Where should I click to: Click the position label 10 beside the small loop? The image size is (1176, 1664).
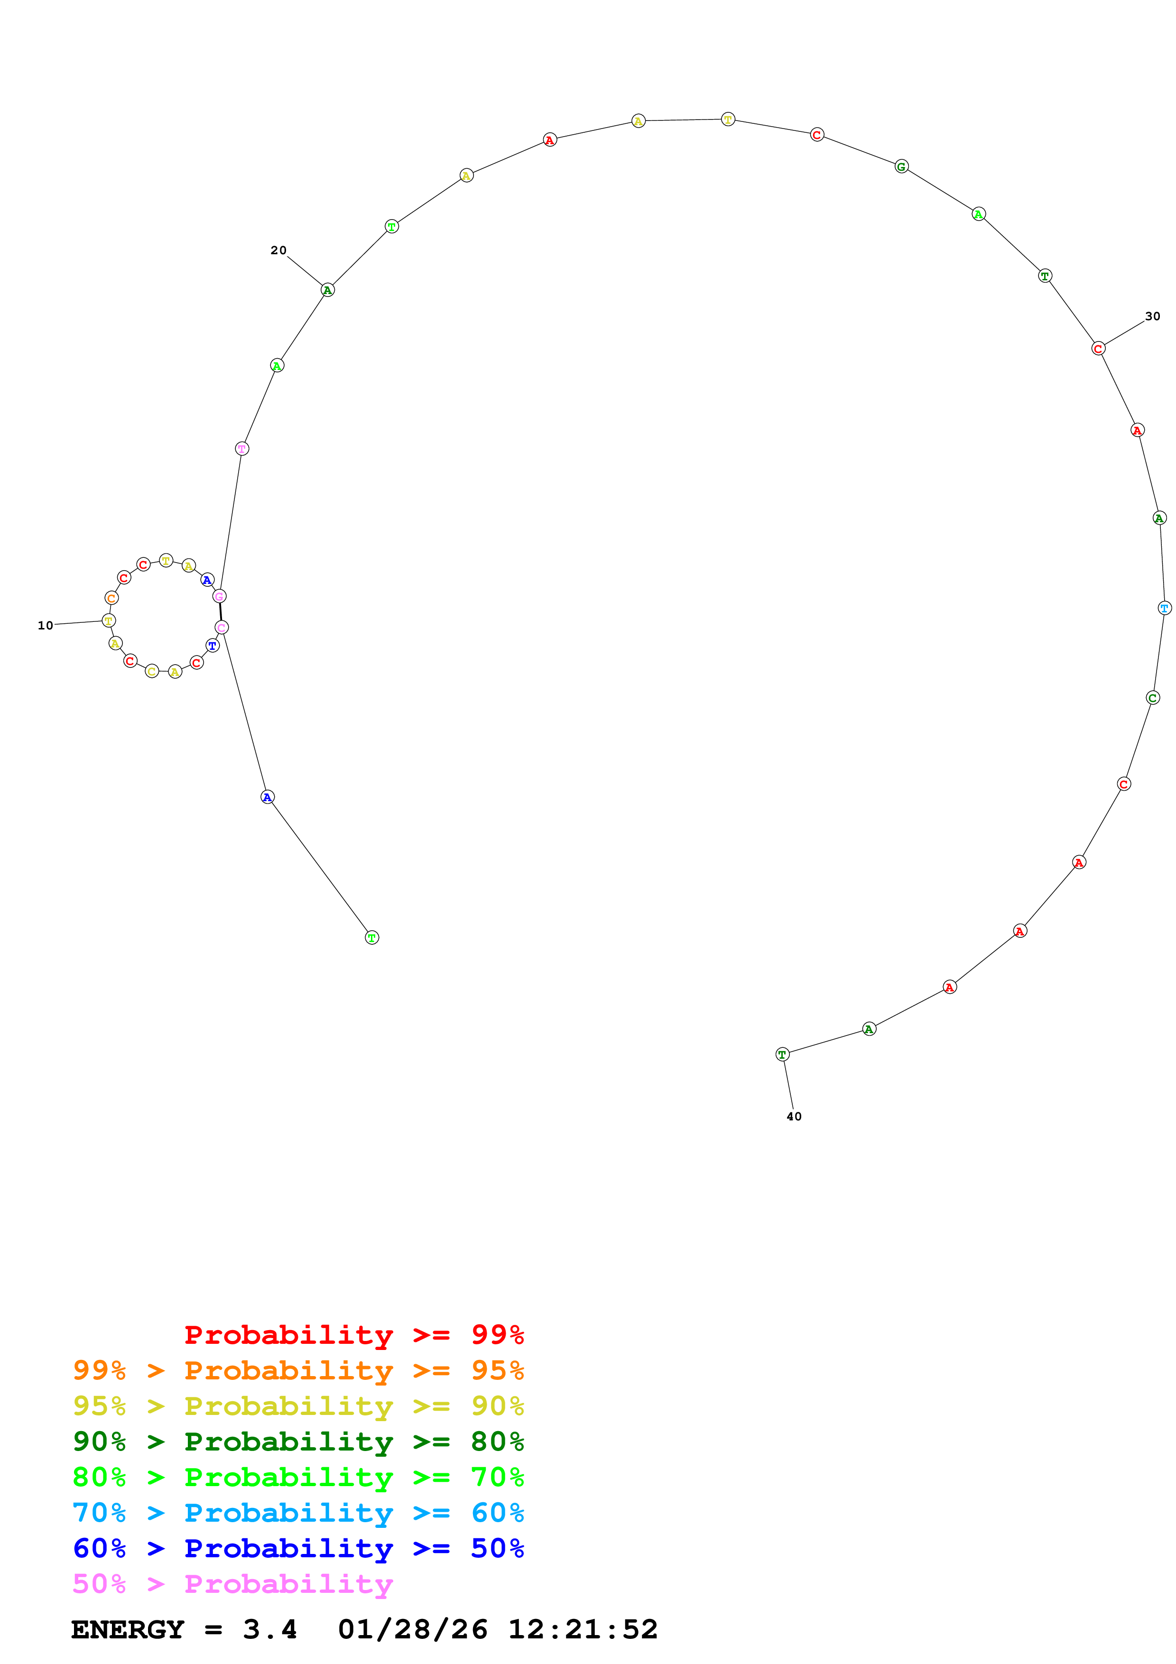point(45,626)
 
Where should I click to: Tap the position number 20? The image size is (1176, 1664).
point(278,250)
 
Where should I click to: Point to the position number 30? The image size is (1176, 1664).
point(1152,316)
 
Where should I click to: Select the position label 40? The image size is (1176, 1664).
point(794,1116)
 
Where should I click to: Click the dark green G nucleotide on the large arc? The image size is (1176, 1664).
point(901,166)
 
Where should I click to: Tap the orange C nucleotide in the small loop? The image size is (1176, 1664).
point(111,598)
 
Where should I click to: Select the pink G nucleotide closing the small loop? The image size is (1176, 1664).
point(219,596)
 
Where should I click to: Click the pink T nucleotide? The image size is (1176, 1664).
point(242,449)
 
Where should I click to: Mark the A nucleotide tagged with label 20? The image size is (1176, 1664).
point(327,290)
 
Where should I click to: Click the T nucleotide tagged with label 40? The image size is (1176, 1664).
point(781,1054)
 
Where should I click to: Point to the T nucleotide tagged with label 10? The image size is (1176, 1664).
point(109,620)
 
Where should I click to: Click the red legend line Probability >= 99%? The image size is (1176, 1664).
point(353,1335)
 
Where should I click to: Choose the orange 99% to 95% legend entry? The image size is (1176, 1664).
point(298,1370)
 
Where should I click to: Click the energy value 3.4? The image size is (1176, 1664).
point(269,1630)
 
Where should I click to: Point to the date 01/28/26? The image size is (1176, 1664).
point(412,1630)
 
